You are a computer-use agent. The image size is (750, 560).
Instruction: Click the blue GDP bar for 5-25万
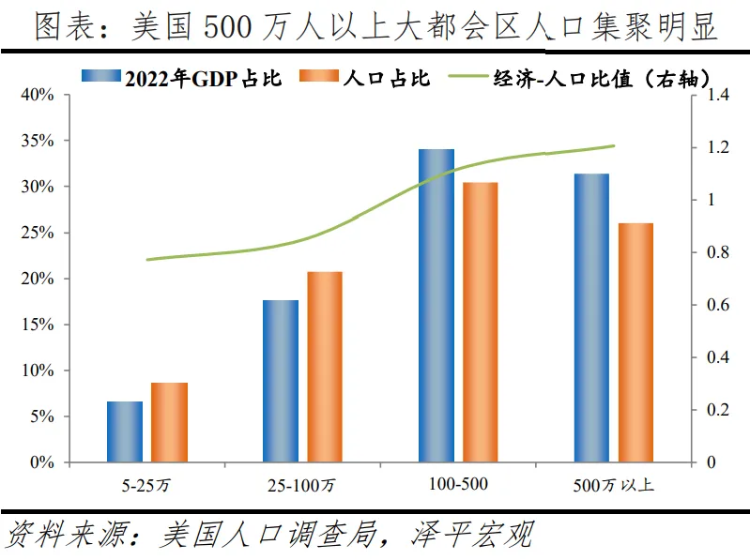[125, 431]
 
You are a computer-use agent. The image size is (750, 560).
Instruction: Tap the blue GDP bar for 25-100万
[280, 381]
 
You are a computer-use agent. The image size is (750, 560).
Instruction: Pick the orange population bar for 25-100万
[325, 367]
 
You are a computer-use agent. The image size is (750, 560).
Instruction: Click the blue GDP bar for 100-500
[436, 306]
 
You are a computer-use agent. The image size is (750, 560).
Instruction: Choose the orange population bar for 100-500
[480, 322]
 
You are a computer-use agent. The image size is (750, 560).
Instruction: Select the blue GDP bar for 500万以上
[591, 318]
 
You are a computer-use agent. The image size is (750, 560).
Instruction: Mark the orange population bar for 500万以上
[635, 342]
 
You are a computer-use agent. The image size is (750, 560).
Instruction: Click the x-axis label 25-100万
[301, 485]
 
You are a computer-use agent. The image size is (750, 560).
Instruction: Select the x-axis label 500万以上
[613, 485]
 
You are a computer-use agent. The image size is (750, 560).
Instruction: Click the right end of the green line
[614, 145]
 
